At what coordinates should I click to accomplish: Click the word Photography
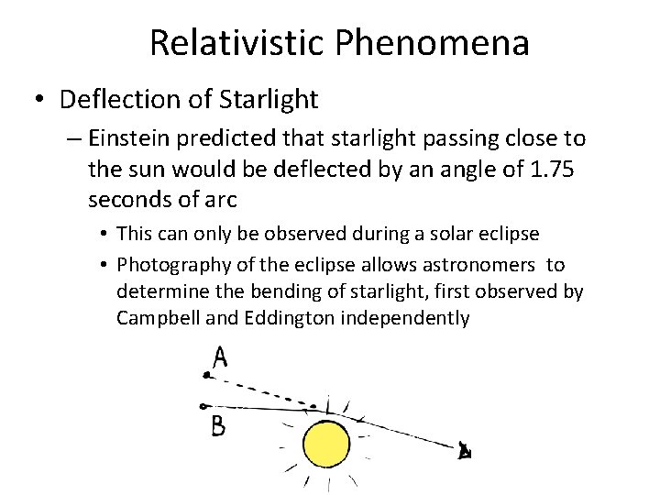click(171, 265)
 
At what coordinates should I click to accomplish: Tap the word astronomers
click(478, 265)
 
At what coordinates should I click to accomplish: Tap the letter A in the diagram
click(219, 356)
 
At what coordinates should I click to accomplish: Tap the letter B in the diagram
click(218, 426)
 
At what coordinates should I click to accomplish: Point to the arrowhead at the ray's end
click(464, 450)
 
